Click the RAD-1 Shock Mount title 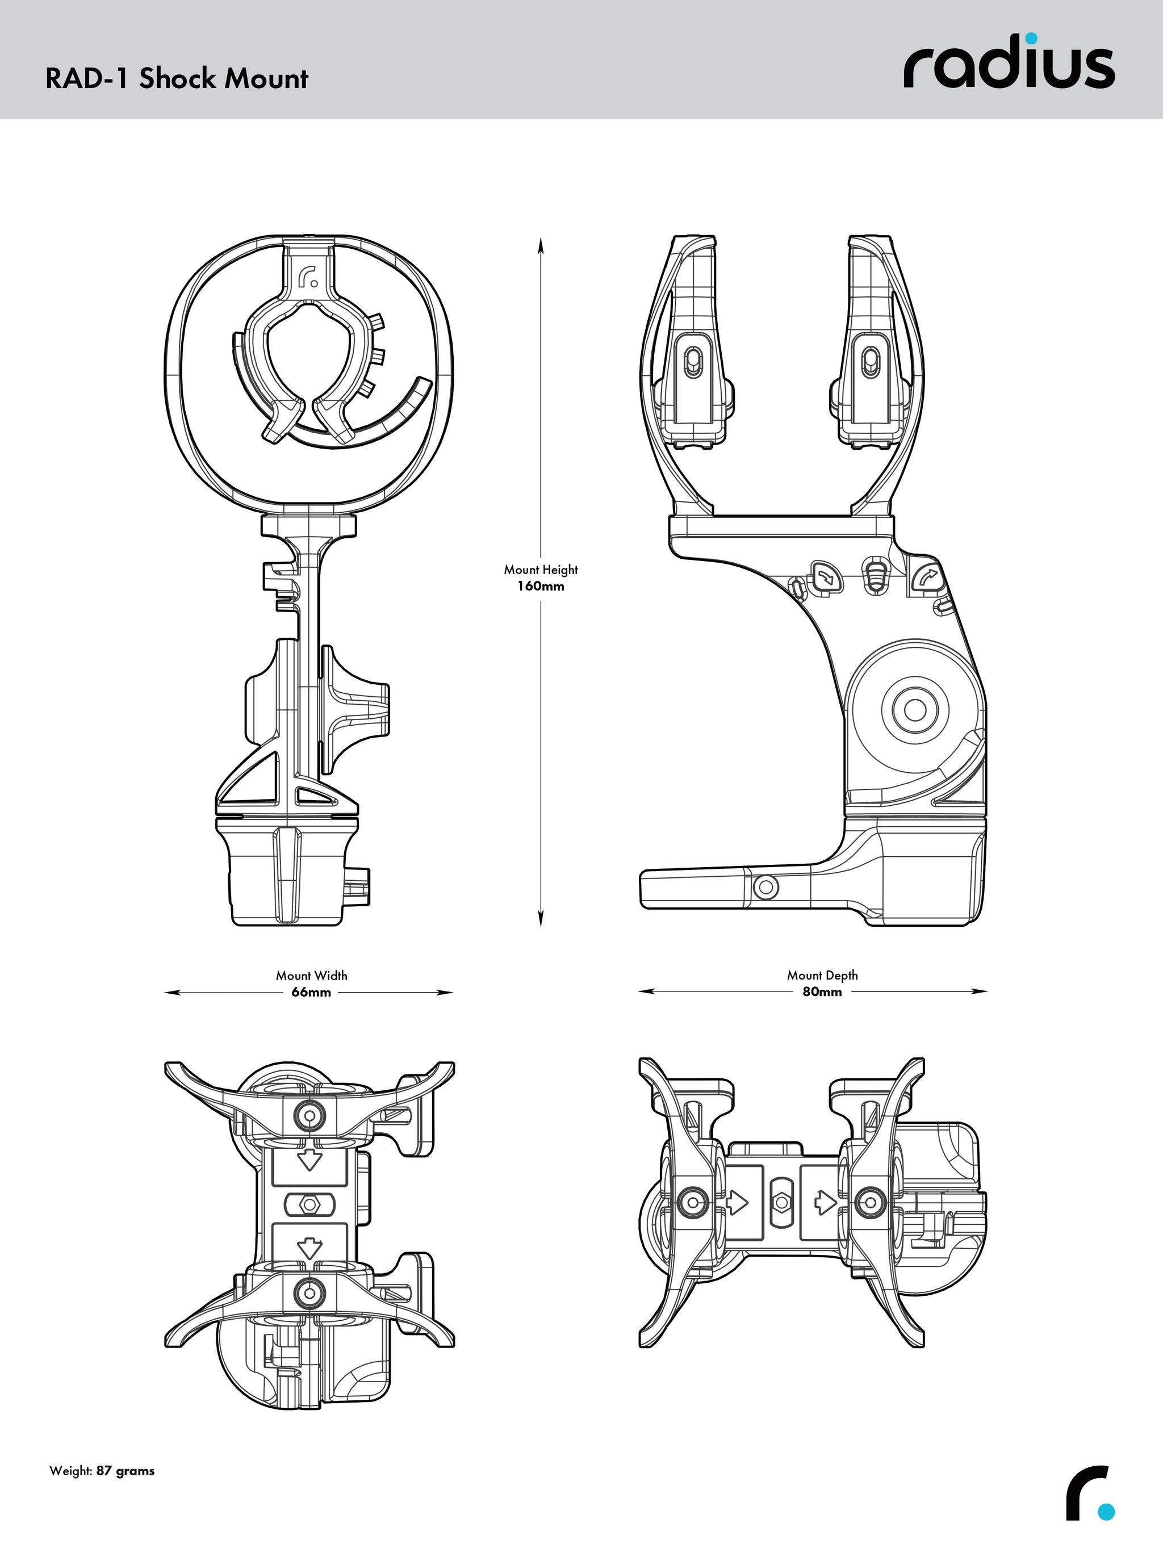pyautogui.click(x=177, y=78)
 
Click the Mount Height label pyautogui.click(x=541, y=570)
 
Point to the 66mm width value pyautogui.click(x=311, y=992)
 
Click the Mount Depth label pyautogui.click(x=822, y=975)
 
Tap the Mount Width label pyautogui.click(x=311, y=975)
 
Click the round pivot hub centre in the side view pyautogui.click(x=914, y=710)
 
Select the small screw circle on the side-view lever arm pyautogui.click(x=766, y=887)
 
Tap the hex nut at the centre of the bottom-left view pyautogui.click(x=308, y=1204)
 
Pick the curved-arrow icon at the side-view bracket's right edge pyautogui.click(x=926, y=578)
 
